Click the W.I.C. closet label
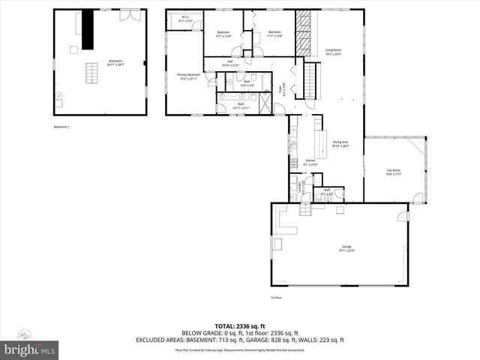184,19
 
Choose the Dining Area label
340,144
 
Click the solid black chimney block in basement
88,28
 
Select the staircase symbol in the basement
92,73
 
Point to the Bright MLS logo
30,349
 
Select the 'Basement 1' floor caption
61,127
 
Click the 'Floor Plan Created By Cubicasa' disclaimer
240,349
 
